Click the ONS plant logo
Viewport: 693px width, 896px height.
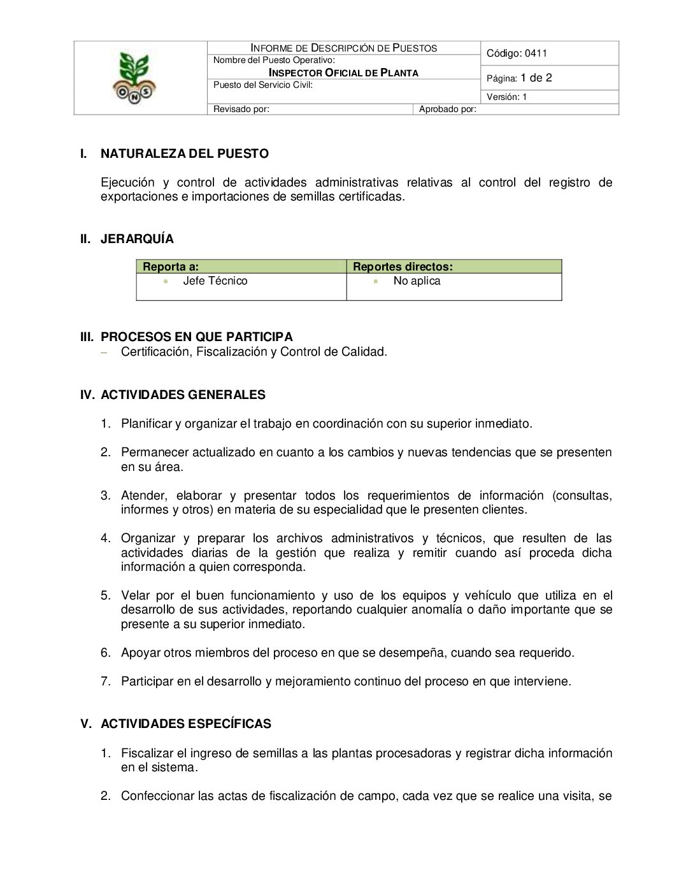pyautogui.click(x=134, y=78)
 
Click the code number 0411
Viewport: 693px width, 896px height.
pyautogui.click(x=536, y=53)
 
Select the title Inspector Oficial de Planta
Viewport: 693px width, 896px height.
pyautogui.click(x=343, y=73)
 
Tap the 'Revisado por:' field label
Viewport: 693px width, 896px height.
pyautogui.click(x=241, y=109)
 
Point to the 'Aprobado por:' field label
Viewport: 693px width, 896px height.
pyautogui.click(x=447, y=109)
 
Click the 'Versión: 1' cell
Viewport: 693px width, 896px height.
pyautogui.click(x=506, y=97)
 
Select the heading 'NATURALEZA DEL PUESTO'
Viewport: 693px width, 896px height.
pyautogui.click(x=184, y=153)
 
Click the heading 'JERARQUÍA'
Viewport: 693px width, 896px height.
pyautogui.click(x=137, y=239)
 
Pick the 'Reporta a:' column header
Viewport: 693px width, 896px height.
pyautogui.click(x=171, y=267)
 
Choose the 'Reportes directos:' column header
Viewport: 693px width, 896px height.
pyautogui.click(x=403, y=267)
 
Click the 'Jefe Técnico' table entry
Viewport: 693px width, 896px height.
pyautogui.click(x=215, y=281)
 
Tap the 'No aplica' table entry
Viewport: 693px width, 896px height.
pyautogui.click(x=417, y=281)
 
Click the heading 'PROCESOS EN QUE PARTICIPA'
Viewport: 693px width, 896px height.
pyautogui.click(x=196, y=337)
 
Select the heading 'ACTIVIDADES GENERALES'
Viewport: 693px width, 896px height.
pyautogui.click(x=183, y=395)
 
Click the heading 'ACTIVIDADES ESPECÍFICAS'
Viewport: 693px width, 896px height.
pyautogui.click(x=185, y=724)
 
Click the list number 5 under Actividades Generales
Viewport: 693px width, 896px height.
pyautogui.click(x=105, y=595)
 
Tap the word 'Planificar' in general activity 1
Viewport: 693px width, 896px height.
pyautogui.click(x=146, y=423)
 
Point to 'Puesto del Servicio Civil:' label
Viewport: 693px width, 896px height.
pyautogui.click(x=262, y=85)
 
